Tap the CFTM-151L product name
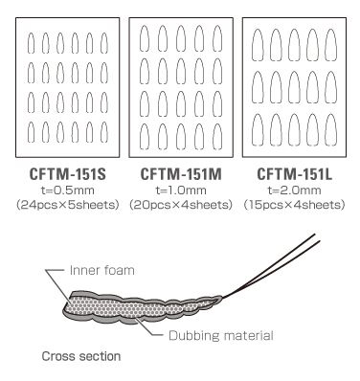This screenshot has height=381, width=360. tap(294, 175)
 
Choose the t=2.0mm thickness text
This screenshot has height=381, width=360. tap(294, 190)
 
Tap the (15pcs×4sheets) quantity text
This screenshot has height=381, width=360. tap(294, 205)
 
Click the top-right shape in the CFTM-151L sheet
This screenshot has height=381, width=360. tap(330, 44)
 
